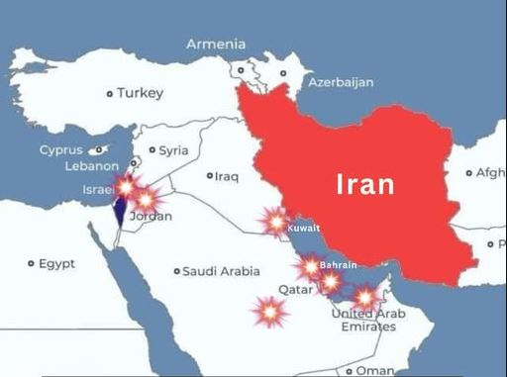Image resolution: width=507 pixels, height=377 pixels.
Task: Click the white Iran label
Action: pyautogui.click(x=365, y=184)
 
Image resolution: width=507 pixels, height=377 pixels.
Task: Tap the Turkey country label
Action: pyautogui.click(x=140, y=93)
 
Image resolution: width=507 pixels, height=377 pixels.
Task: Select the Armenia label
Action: pyautogui.click(x=216, y=44)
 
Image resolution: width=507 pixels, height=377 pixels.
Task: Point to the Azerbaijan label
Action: pyautogui.click(x=341, y=82)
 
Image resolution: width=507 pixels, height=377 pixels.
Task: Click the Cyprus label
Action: pyautogui.click(x=61, y=150)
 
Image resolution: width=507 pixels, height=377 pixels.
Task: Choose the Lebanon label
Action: pyautogui.click(x=91, y=166)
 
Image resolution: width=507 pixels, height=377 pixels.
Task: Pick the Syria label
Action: pyautogui.click(x=173, y=150)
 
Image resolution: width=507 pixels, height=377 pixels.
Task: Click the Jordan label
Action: pyautogui.click(x=151, y=216)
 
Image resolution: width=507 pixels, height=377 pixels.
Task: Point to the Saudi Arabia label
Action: pyautogui.click(x=222, y=270)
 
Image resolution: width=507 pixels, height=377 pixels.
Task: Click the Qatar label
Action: pyautogui.click(x=295, y=290)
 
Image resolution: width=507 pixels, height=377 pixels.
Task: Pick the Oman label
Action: pyautogui.click(x=374, y=370)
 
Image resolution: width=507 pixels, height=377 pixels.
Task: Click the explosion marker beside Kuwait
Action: pyautogui.click(x=276, y=222)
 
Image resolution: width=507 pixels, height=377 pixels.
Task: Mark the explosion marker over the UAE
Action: pyautogui.click(x=365, y=296)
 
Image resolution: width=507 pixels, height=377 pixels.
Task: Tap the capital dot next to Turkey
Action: pyautogui.click(x=110, y=94)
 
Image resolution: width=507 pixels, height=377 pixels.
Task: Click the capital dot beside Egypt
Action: pyautogui.click(x=31, y=264)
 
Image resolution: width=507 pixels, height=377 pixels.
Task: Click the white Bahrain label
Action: pyautogui.click(x=338, y=265)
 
